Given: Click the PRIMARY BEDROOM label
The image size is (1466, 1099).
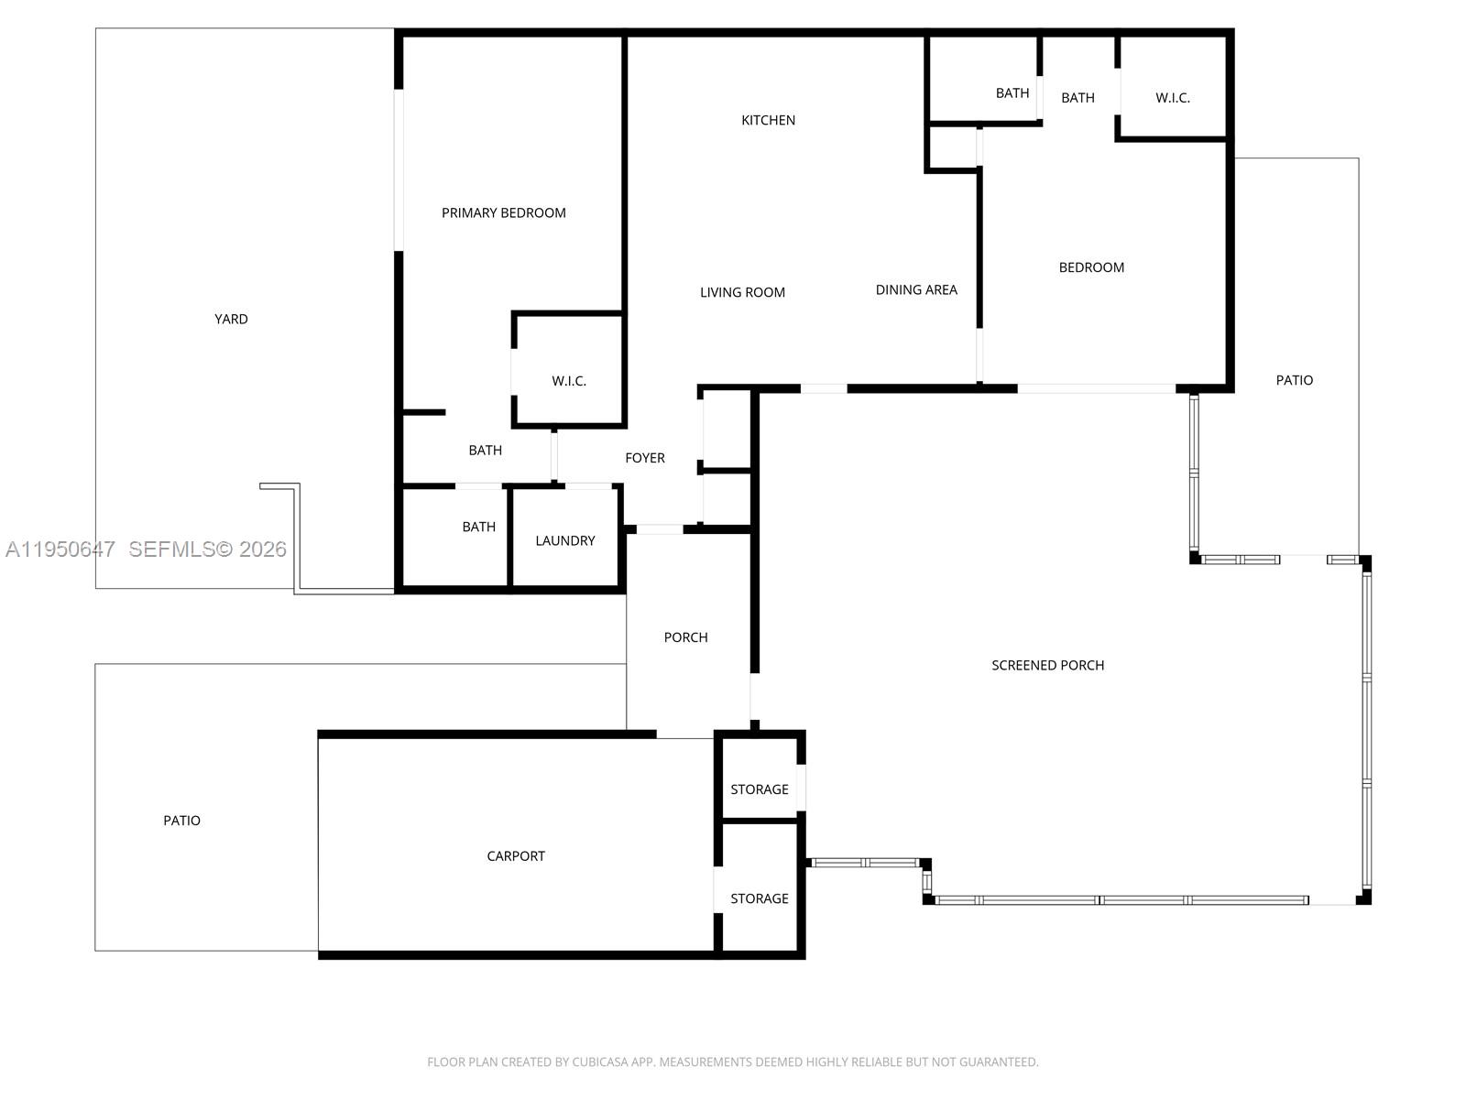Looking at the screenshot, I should (x=503, y=212).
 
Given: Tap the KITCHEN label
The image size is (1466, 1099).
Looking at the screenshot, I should (x=768, y=120).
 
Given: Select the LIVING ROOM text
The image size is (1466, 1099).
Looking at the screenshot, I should (x=742, y=292).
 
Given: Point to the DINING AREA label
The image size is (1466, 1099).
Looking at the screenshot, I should (x=915, y=289).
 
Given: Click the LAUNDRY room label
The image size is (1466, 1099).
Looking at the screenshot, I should (x=564, y=540).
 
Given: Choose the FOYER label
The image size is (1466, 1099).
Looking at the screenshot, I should (x=644, y=458).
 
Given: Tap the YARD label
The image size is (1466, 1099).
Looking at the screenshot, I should (x=231, y=319).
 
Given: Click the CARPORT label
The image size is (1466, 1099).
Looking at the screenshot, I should (x=515, y=855).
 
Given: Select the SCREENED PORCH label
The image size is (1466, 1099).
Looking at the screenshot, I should (x=1047, y=665).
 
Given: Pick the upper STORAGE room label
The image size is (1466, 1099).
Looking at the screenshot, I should (x=759, y=789).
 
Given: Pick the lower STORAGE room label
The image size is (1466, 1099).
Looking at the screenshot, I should (x=759, y=898).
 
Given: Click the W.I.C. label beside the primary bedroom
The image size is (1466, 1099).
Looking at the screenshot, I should (x=568, y=381).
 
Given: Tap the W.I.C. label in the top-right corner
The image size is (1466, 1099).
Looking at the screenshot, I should (x=1172, y=97).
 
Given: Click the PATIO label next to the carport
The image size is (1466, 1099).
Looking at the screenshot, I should (x=181, y=820).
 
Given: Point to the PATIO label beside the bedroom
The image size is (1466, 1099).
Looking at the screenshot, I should (x=1294, y=379).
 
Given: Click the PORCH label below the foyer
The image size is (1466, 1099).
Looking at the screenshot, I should (x=685, y=637).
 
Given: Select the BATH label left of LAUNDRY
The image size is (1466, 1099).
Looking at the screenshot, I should (x=478, y=527).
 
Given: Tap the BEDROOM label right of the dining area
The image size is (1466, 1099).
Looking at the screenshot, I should (x=1090, y=267).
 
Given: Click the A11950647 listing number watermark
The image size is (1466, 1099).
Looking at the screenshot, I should (x=60, y=549).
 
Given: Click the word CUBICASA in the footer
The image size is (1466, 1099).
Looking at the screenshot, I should (x=601, y=1062).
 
